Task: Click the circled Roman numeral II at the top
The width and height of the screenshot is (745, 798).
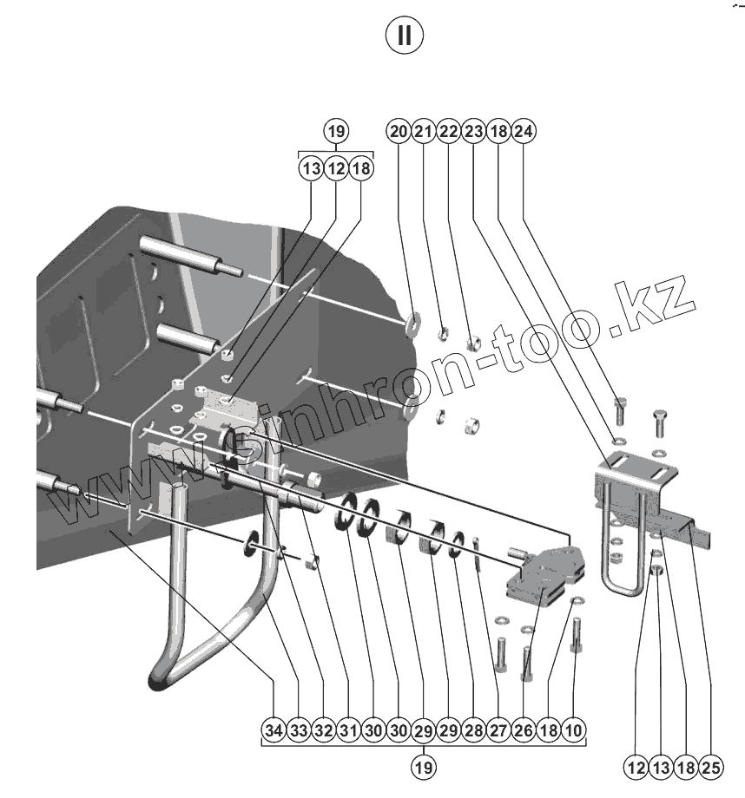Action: [x=405, y=36]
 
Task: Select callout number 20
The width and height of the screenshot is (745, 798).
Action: [x=399, y=132]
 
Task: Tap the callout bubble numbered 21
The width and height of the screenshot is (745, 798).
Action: [x=423, y=132]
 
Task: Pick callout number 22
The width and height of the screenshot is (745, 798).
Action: [x=448, y=132]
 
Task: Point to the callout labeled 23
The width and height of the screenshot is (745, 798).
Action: [x=473, y=132]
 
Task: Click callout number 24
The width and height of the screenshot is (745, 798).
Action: [x=524, y=132]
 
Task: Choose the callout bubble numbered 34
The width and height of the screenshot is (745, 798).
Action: [x=274, y=731]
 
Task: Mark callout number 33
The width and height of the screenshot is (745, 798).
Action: [x=299, y=731]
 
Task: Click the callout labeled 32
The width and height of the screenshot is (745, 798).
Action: [x=324, y=731]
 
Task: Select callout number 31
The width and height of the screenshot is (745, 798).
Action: [x=348, y=731]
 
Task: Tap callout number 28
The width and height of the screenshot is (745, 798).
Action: [x=473, y=731]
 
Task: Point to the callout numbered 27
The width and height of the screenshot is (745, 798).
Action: [x=498, y=731]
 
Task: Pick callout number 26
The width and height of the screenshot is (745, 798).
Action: [x=523, y=731]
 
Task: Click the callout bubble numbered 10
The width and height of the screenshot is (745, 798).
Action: [x=573, y=731]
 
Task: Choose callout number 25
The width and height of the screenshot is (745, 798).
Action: [x=711, y=767]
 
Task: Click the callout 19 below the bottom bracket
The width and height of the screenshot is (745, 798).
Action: [x=424, y=767]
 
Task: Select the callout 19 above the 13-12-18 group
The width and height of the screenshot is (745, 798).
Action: [x=336, y=132]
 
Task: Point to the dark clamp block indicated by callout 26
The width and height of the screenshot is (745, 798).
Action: [x=543, y=577]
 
